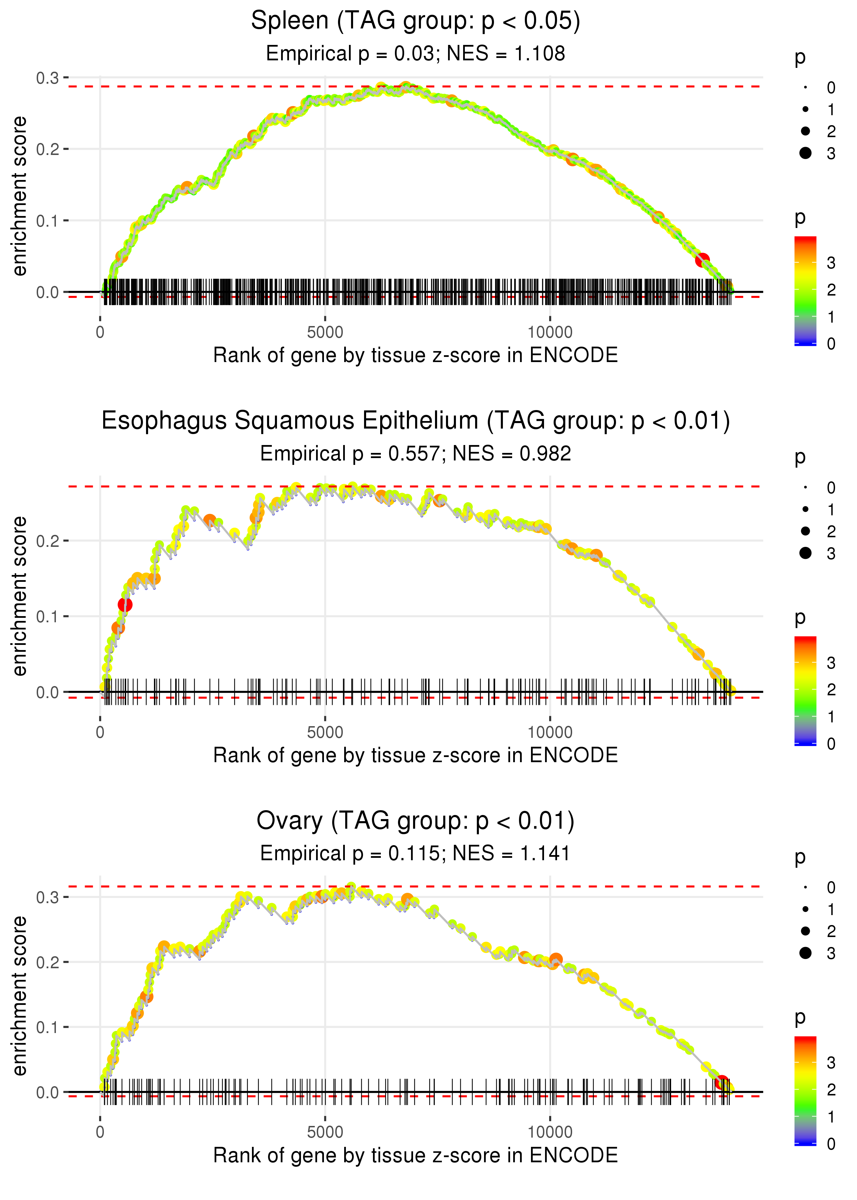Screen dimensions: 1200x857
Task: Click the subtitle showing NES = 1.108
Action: tap(415, 54)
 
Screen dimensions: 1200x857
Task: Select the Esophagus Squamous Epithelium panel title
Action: tap(415, 421)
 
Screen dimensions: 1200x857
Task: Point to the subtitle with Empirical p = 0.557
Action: tap(415, 454)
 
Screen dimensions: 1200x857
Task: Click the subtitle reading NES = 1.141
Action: tap(415, 853)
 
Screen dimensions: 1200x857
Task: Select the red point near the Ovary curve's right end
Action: tap(722, 1082)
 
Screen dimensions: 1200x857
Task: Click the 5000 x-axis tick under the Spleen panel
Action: tap(325, 333)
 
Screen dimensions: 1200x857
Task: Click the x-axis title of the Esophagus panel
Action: tap(415, 755)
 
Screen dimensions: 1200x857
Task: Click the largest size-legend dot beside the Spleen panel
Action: tap(805, 153)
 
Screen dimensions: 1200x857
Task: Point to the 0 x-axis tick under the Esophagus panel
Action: tap(100, 732)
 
